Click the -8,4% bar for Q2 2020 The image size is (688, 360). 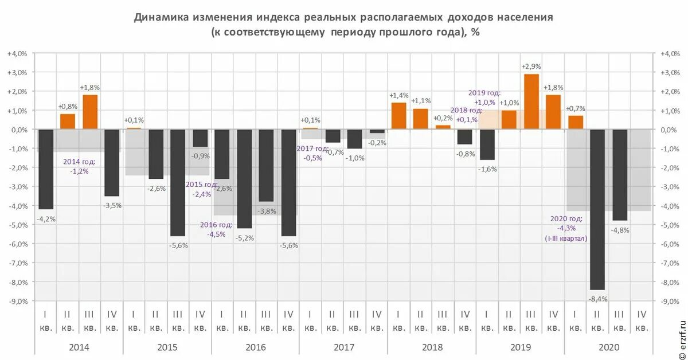coord(597,209)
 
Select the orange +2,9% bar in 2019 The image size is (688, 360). coord(531,101)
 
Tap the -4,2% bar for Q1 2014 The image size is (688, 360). coord(46,169)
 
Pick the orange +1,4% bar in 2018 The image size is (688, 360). coord(398,116)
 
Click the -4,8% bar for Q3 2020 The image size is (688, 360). coord(620,175)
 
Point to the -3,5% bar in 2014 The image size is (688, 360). coord(112,163)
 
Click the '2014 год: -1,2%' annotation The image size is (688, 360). coord(80,166)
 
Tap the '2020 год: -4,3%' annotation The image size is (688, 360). coord(566,228)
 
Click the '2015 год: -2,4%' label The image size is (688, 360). coord(202,189)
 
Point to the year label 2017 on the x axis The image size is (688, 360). coord(343,347)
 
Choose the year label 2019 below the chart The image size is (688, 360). coord(519,347)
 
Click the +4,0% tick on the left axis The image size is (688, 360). coord(17,53)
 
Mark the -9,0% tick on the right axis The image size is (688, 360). coord(671,300)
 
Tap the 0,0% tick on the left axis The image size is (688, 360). coord(18,130)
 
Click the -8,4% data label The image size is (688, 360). coord(597,299)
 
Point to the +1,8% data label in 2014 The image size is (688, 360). coord(90,87)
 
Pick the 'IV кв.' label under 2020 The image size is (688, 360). coord(642,320)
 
